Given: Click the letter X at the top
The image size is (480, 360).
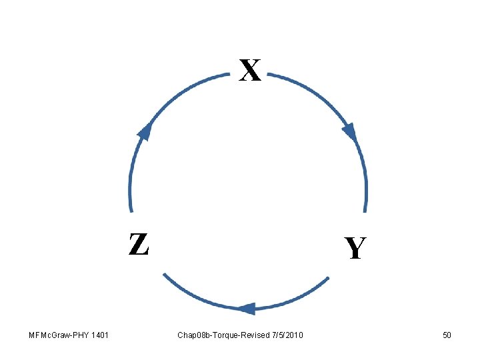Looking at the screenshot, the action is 250,70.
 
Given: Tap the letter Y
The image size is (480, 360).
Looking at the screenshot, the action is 355,249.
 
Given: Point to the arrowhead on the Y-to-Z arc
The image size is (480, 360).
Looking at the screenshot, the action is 247,309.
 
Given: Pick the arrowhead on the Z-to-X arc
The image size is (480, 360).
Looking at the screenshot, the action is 144,131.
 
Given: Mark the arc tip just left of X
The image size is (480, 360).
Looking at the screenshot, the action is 229,75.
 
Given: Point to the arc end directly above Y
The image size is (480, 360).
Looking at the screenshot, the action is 366,211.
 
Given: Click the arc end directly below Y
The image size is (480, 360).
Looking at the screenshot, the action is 328,277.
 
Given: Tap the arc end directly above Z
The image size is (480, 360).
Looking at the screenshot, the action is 131,211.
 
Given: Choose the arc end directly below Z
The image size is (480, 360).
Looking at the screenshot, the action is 164,274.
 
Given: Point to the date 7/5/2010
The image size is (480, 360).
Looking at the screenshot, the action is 287,335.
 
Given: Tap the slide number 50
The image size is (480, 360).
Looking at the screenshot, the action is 447,335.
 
